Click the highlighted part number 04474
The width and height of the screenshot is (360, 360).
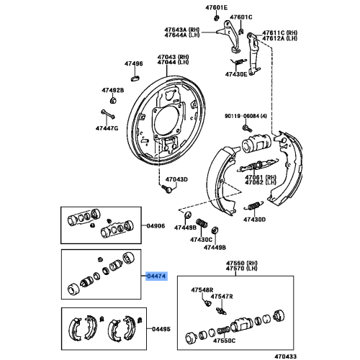click(156, 275)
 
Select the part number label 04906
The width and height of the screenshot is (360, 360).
click(156, 226)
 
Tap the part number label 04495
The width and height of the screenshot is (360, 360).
click(161, 330)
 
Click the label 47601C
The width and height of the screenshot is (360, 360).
click(241, 17)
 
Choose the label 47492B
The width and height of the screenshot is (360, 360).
click(112, 90)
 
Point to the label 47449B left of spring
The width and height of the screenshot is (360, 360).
click(184, 227)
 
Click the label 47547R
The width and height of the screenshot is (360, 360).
click(222, 296)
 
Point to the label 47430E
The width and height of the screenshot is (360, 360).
click(235, 74)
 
